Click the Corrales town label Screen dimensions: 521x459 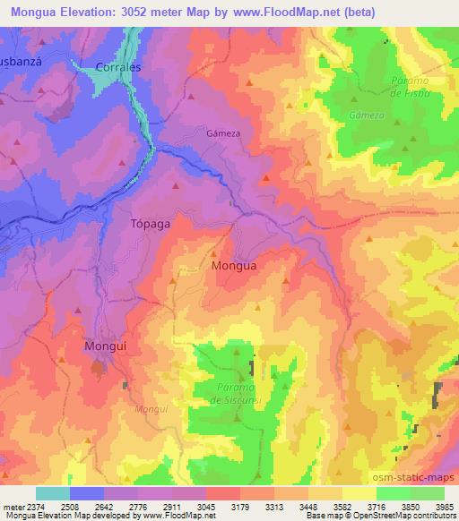point(118,66)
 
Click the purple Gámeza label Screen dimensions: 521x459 point(223,132)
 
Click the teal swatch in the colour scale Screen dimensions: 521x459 point(53,493)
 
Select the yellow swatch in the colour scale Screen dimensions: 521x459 point(359,493)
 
